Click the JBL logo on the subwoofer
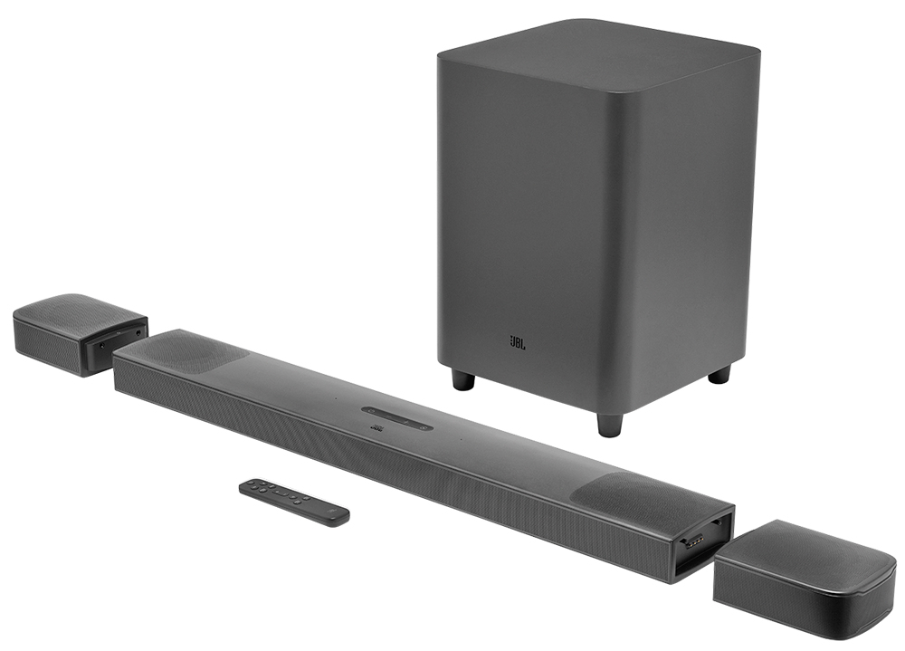click(x=517, y=343)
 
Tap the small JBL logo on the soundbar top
click(x=378, y=428)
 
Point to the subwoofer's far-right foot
click(x=719, y=373)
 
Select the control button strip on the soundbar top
click(x=397, y=417)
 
